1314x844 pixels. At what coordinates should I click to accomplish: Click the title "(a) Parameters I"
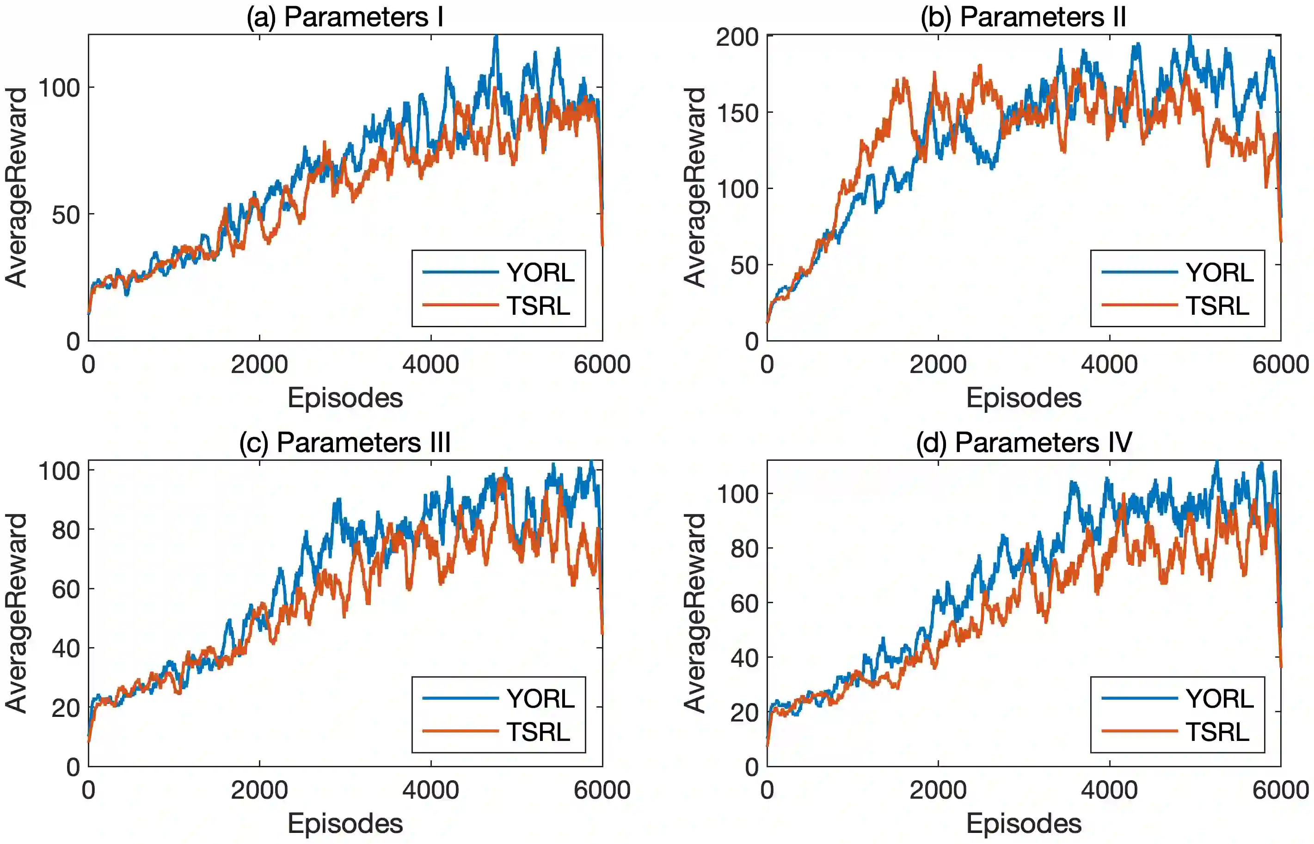pyautogui.click(x=345, y=17)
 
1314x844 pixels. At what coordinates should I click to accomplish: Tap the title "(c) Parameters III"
pyautogui.click(x=345, y=442)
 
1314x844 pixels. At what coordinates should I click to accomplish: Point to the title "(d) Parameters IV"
pyautogui.click(x=1024, y=442)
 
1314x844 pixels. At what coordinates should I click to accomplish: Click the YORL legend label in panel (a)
pyautogui.click(x=540, y=272)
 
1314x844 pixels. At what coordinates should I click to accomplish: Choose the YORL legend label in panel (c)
pyautogui.click(x=540, y=698)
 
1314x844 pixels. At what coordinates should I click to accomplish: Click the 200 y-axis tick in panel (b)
pyautogui.click(x=737, y=37)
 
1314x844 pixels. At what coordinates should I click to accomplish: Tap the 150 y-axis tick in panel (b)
pyautogui.click(x=737, y=113)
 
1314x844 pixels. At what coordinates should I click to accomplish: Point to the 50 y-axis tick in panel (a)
pyautogui.click(x=66, y=215)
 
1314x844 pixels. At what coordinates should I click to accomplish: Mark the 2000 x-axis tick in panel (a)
pyautogui.click(x=259, y=364)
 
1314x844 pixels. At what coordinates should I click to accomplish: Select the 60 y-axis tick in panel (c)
pyautogui.click(x=66, y=590)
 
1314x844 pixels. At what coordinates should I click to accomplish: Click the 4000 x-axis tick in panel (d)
pyautogui.click(x=1109, y=790)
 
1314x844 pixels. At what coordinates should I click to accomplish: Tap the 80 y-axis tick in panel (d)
pyautogui.click(x=744, y=549)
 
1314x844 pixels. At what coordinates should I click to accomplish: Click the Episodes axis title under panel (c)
pyautogui.click(x=345, y=823)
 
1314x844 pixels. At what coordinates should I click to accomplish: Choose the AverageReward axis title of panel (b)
pyautogui.click(x=694, y=188)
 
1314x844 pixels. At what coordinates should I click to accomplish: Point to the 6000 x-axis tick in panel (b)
pyautogui.click(x=1280, y=364)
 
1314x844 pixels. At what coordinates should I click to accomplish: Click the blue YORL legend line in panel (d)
pyautogui.click(x=1139, y=698)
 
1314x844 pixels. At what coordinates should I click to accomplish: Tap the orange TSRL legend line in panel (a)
pyautogui.click(x=461, y=305)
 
